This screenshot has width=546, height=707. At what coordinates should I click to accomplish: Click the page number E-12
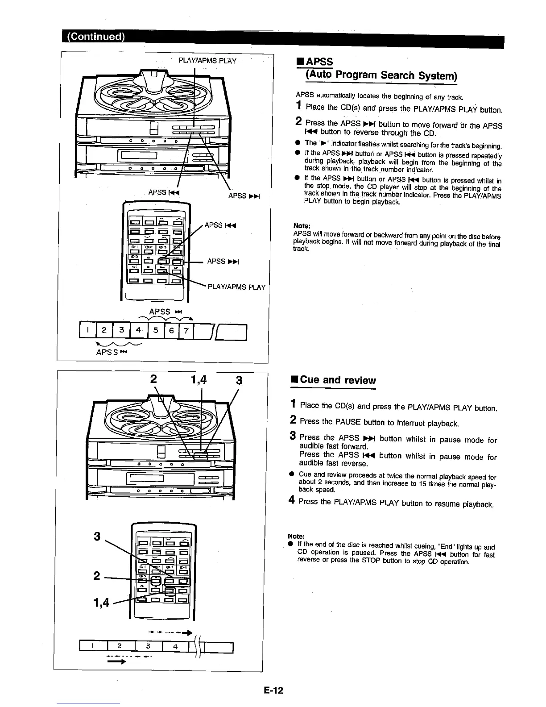pos(273,690)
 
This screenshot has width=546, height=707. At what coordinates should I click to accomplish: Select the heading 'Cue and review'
pos(338,380)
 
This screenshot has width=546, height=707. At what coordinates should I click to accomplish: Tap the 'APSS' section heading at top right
pos(320,61)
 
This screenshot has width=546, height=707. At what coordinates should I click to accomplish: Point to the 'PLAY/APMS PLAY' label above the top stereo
pos(207,61)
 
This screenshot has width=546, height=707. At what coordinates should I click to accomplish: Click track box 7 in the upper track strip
pos(186,331)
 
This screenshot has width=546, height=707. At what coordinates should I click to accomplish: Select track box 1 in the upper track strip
pos(89,331)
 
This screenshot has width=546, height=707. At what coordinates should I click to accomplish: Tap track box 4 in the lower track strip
pos(175,646)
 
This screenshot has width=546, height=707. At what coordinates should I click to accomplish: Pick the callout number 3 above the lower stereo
pos(239,380)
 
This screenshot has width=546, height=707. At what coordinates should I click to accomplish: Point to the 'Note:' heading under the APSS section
pos(302,225)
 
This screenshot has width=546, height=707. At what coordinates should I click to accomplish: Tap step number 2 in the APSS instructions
pos(298,121)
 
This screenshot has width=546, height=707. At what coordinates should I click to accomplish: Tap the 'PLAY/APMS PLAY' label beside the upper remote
pos(236,287)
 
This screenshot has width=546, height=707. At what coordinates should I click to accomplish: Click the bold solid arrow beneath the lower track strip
pos(115,663)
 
